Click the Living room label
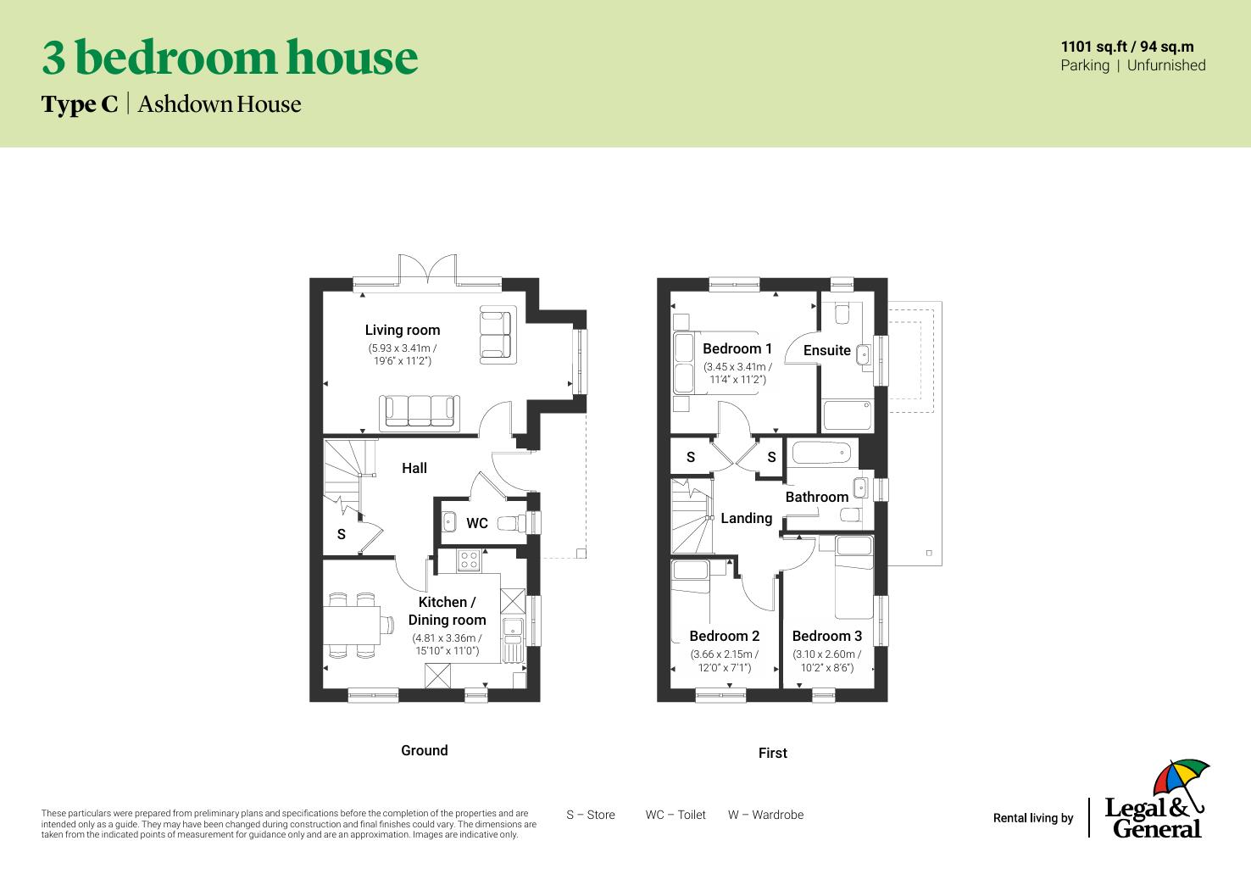tap(402, 330)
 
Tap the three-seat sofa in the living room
tap(420, 411)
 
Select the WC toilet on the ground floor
tap(512, 523)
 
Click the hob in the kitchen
tap(468, 559)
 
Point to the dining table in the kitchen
tap(352, 626)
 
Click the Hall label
tap(414, 468)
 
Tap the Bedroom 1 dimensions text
tap(737, 373)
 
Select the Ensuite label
tap(826, 350)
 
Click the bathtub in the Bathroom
tap(821, 453)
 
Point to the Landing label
tap(746, 518)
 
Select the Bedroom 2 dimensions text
tap(725, 660)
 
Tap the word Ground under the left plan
tap(424, 750)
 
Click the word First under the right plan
tap(772, 753)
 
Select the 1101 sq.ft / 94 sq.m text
tap(1126, 47)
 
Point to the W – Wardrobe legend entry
tap(765, 815)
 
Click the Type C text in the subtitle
tap(80, 104)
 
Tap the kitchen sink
tap(512, 628)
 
